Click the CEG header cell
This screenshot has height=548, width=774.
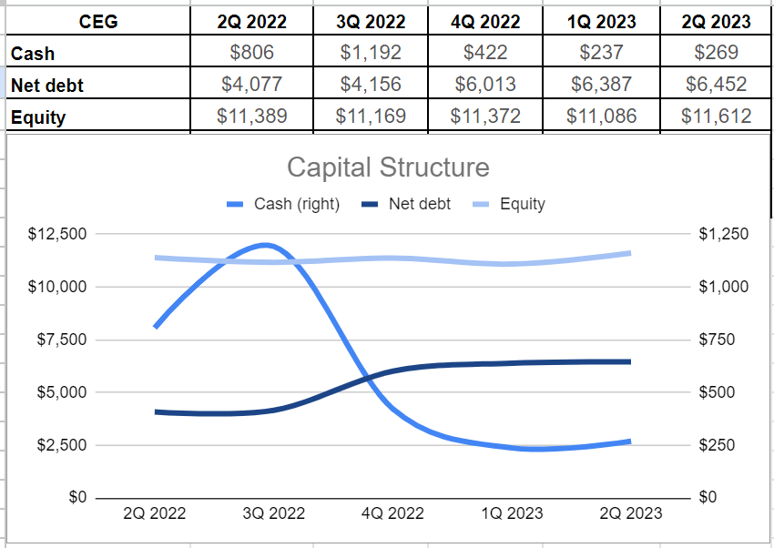click(98, 21)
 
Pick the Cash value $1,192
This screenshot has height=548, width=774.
click(370, 53)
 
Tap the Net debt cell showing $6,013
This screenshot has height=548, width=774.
click(485, 85)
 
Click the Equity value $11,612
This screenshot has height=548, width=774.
click(716, 116)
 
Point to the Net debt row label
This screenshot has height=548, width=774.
click(47, 86)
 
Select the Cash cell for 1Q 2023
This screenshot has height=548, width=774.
click(601, 53)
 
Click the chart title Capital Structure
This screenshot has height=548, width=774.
click(388, 167)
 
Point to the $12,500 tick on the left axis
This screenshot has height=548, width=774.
click(57, 234)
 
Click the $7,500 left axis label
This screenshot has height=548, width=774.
click(61, 340)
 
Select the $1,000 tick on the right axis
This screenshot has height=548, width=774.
click(723, 287)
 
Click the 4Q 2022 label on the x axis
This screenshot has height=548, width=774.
click(392, 513)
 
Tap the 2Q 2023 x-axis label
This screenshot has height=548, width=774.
click(630, 513)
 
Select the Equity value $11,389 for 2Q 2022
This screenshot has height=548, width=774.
click(252, 116)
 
